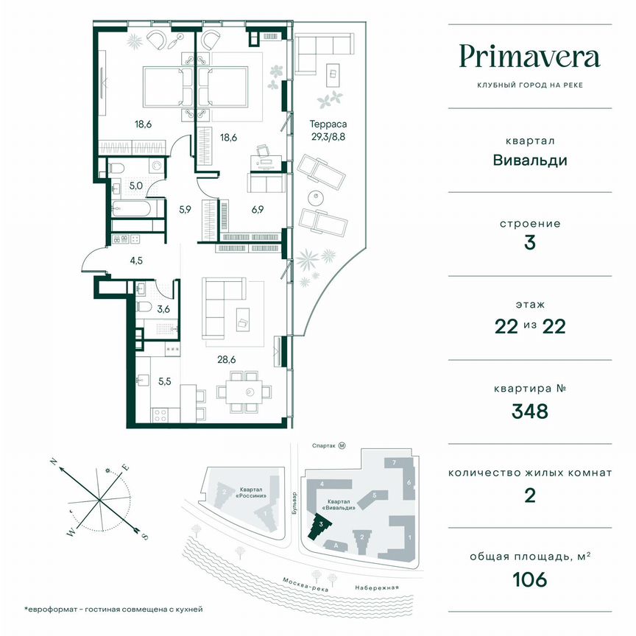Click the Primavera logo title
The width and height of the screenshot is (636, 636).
click(529, 57)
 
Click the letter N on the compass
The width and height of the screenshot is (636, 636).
click(54, 462)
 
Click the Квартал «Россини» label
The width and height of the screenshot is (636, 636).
click(256, 491)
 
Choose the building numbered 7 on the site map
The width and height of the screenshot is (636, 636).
click(395, 462)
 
